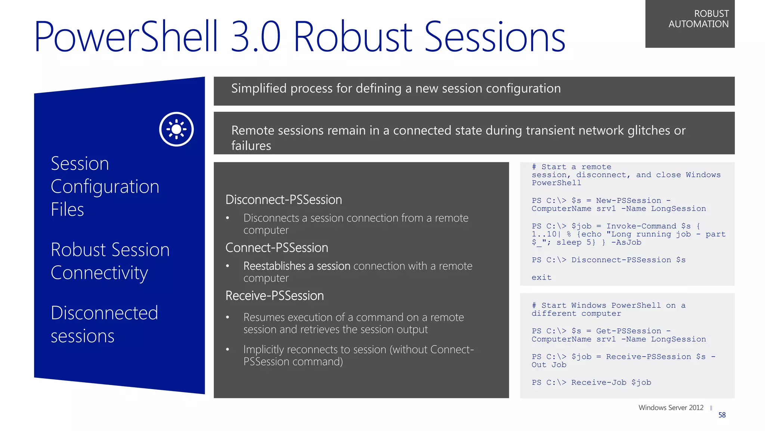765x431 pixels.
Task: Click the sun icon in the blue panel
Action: coord(176,129)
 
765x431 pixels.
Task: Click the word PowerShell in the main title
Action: coord(126,37)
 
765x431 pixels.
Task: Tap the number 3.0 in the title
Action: coord(255,37)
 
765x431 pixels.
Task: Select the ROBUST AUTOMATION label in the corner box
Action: coord(698,19)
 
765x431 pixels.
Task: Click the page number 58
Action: coord(722,415)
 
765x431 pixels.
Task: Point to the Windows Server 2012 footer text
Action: coord(670,407)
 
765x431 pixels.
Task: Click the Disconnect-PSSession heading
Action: coord(284,200)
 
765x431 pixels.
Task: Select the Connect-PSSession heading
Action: coord(277,248)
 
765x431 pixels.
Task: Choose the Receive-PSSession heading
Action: coord(275,296)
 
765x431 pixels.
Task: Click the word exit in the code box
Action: coord(541,278)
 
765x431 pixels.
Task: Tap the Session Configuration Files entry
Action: coord(105,186)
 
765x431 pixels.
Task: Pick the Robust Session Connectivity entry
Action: coord(110,261)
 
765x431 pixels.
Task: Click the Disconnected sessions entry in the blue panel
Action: coord(104,324)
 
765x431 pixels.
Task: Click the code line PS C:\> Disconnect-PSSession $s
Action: coord(608,260)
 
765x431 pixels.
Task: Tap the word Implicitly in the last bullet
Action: coord(263,349)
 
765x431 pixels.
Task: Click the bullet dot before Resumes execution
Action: coord(227,318)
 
